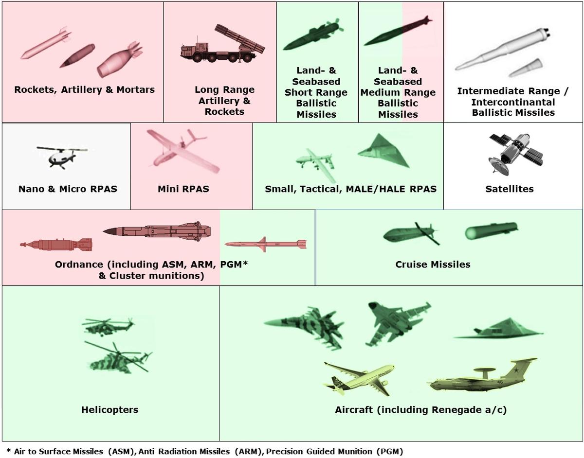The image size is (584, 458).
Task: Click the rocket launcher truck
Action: pos(222,45)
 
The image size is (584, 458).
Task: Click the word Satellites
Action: pos(509,189)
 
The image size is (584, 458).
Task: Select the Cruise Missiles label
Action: pos(433,264)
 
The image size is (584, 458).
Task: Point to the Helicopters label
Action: pos(109,410)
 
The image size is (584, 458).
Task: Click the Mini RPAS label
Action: pos(183,189)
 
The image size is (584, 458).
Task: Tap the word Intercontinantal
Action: pos(512,102)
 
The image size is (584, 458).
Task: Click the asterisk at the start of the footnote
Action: pos(8,451)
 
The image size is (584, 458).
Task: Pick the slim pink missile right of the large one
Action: pos(265,244)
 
